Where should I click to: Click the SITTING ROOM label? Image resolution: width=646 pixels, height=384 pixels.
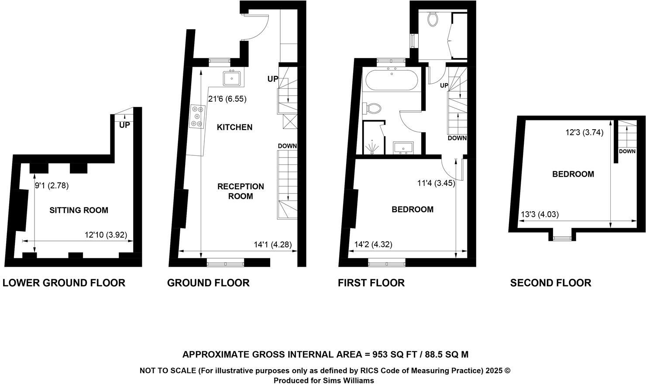tap(79, 210)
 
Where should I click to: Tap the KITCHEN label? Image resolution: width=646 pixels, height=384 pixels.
tap(234, 127)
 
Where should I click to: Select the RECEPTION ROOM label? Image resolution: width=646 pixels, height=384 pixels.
tap(241, 192)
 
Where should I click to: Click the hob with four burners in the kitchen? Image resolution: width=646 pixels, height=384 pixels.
tap(198, 117)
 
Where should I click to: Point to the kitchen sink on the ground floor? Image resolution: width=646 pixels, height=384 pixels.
tap(232, 79)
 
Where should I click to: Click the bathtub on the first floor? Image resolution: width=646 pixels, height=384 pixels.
tap(391, 80)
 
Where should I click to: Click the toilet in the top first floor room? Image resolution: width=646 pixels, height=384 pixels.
tap(433, 19)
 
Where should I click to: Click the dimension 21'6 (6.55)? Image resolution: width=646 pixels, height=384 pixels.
tap(227, 99)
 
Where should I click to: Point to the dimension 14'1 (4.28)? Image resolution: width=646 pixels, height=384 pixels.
tap(273, 245)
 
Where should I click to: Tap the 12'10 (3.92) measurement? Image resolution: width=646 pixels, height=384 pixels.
tap(106, 235)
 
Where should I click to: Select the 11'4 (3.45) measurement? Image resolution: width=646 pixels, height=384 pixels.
tap(436, 183)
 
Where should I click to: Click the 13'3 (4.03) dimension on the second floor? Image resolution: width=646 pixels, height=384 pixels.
tap(539, 215)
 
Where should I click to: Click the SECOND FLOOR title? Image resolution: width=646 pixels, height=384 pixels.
tap(550, 283)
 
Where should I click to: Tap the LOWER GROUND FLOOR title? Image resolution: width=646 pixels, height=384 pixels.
tap(64, 283)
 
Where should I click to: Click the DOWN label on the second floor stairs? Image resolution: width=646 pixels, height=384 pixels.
tap(627, 151)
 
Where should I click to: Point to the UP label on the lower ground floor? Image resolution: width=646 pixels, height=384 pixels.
tap(124, 125)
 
